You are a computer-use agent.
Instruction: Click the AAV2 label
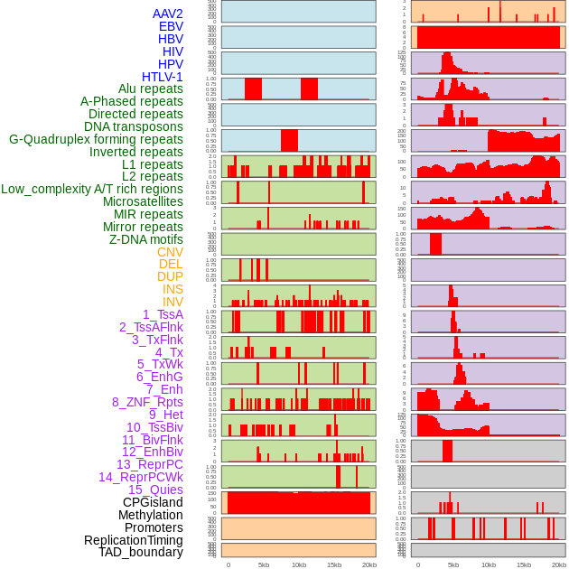point(168,14)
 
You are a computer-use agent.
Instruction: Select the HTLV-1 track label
point(163,77)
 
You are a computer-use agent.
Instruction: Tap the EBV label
point(171,27)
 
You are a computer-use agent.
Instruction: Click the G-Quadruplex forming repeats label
point(96,139)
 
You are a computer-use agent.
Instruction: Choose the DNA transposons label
point(134,126)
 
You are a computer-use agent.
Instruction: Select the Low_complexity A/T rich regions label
point(92,189)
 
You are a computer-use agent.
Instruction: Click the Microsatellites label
point(143,201)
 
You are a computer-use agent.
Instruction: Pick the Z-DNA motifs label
point(146,239)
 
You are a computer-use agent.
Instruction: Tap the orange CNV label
point(170,252)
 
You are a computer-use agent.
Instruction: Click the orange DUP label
point(170,276)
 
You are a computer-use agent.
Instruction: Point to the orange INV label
point(173,302)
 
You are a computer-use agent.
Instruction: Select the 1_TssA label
point(163,314)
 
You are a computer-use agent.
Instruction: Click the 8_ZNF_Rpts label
point(147,402)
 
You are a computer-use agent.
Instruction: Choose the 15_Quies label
point(155,490)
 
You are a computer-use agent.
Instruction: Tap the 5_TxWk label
point(160,364)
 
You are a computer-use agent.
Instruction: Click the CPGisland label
point(153,502)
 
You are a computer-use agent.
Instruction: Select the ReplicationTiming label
point(133,540)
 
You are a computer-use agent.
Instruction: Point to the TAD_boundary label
point(141,552)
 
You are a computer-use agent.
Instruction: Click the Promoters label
point(154,527)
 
